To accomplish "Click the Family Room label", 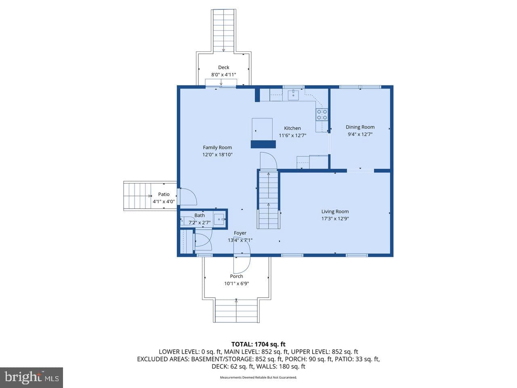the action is [217, 148].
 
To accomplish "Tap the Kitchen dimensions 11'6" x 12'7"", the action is [292, 135].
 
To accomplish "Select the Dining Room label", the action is [360, 127].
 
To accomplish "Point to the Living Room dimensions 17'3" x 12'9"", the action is [335, 219].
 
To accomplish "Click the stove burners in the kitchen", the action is [322, 114].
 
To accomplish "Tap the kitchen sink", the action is [294, 95].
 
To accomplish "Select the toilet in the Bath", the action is [187, 221].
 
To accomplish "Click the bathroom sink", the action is [220, 219].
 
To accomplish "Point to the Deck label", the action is [223, 67].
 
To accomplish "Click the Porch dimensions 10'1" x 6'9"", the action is [236, 283].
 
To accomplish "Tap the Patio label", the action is [164, 194].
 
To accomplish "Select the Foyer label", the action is [240, 233].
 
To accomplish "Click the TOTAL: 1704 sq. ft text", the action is [258, 344].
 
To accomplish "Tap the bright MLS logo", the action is [32, 377].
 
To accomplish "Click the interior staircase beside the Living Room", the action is [269, 200].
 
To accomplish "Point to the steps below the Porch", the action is [236, 310].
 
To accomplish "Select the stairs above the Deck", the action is [224, 31].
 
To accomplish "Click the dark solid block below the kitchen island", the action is [263, 144].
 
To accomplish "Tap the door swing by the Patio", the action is [188, 196].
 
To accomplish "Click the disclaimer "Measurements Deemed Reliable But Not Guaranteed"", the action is [258, 377].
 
